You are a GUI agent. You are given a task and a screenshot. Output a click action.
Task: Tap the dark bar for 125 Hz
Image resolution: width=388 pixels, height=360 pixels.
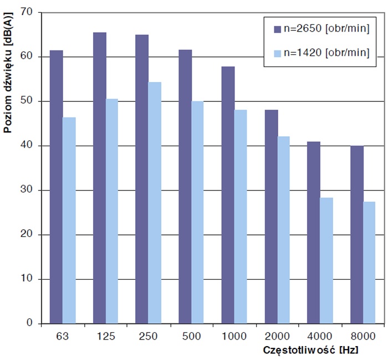click(99, 178)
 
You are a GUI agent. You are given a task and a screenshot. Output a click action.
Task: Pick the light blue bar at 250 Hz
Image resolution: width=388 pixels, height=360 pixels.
click(155, 203)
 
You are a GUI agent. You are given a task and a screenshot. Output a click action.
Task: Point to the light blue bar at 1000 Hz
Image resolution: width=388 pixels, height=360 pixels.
click(241, 217)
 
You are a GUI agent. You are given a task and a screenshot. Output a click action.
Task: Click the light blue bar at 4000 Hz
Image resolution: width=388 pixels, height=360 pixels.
click(326, 260)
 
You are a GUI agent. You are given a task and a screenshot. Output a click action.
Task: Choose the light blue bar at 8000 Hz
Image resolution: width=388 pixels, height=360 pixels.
click(369, 263)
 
